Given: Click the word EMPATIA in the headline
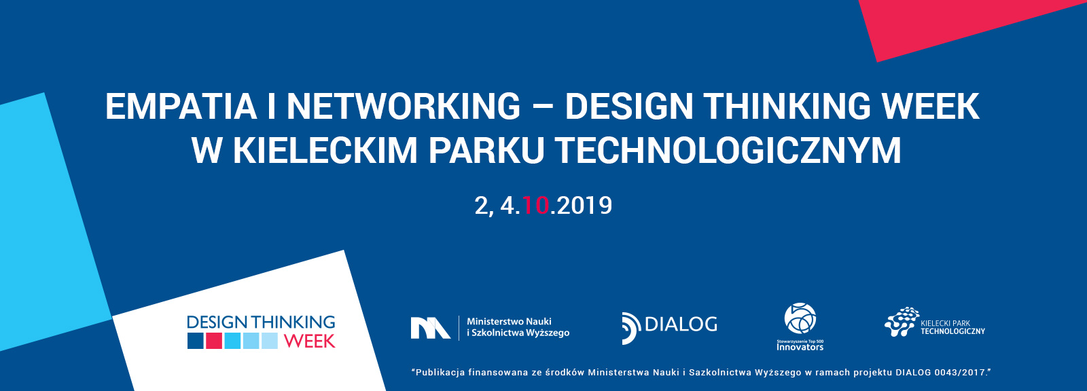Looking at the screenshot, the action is (181, 107).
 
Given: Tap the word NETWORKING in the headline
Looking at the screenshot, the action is (404, 107).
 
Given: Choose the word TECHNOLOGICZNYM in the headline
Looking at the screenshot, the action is (728, 151).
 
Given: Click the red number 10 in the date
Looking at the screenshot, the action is (536, 206).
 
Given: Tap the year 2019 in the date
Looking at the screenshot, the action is (585, 206).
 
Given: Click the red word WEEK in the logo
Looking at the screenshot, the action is (310, 341).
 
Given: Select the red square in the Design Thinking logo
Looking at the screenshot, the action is (214, 341).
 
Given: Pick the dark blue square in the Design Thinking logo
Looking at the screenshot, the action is (196, 341).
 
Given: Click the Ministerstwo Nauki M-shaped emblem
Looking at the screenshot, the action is (431, 328).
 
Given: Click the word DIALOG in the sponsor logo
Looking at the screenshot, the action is (681, 324).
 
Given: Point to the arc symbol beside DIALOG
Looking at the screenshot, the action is (631, 329).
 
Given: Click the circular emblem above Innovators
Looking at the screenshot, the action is (800, 319).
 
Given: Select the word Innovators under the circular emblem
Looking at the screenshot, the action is (800, 347).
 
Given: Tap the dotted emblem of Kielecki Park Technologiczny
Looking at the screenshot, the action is (902, 321).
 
